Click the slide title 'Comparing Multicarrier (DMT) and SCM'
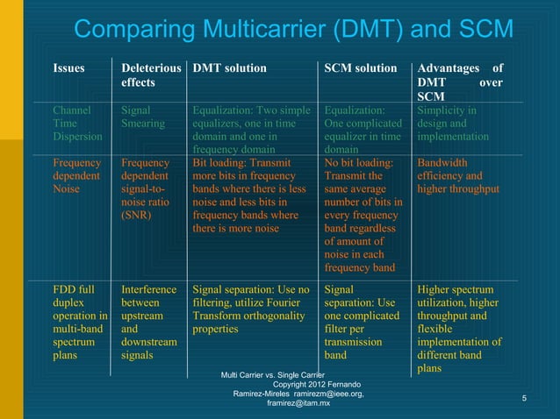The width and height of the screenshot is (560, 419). [x=293, y=29]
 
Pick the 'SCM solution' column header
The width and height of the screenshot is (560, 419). [x=361, y=68]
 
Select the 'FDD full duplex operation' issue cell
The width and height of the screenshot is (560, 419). [x=80, y=322]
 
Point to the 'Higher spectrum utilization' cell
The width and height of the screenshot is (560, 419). [x=460, y=329]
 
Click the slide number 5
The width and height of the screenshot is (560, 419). [x=524, y=400]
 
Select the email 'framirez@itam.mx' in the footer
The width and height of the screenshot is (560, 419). [x=298, y=402]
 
